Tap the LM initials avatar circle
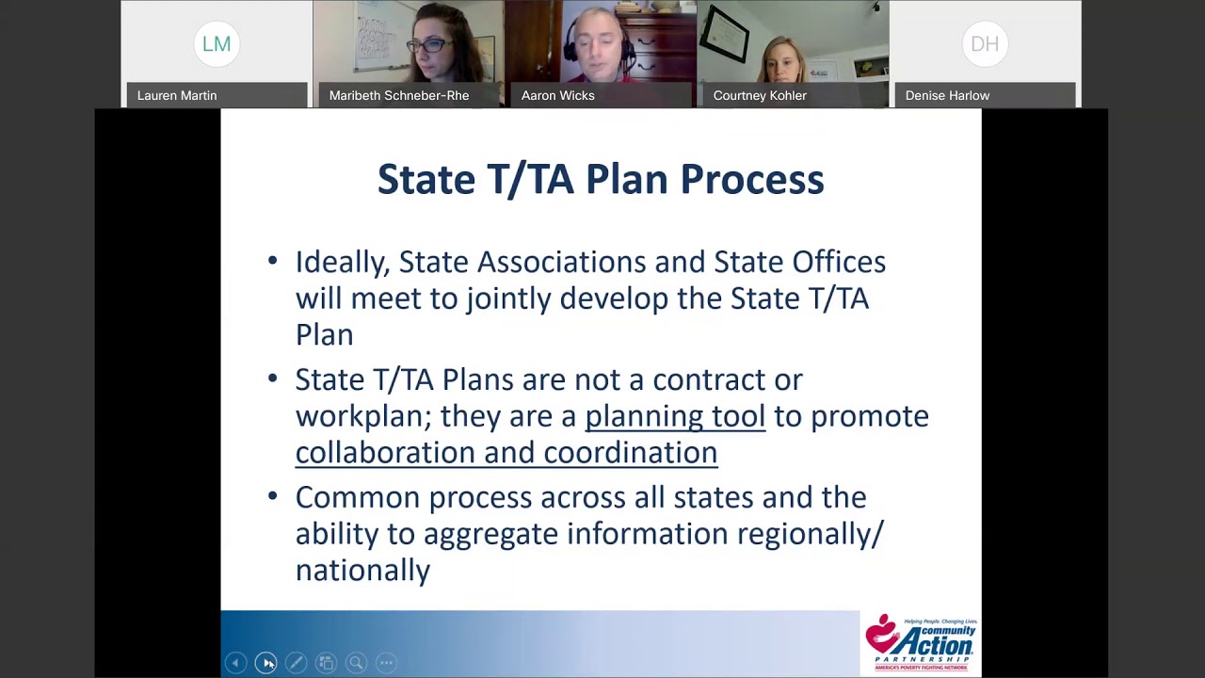(x=217, y=43)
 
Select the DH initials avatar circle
(x=985, y=43)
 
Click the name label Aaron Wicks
(x=557, y=95)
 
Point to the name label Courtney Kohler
(x=760, y=95)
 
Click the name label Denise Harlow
(x=947, y=95)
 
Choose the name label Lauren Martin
(x=177, y=95)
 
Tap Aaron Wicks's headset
(x=625, y=42)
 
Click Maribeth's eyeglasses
(x=425, y=45)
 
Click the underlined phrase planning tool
(x=675, y=415)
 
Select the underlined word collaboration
(x=384, y=452)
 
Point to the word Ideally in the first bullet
(x=342, y=262)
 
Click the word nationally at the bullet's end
(x=362, y=570)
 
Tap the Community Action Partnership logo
(x=921, y=643)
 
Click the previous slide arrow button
(x=235, y=663)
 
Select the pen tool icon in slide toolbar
(x=296, y=663)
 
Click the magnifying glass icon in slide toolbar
(x=356, y=663)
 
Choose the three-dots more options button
(x=386, y=663)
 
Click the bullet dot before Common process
(x=273, y=495)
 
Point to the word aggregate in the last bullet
(x=483, y=534)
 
